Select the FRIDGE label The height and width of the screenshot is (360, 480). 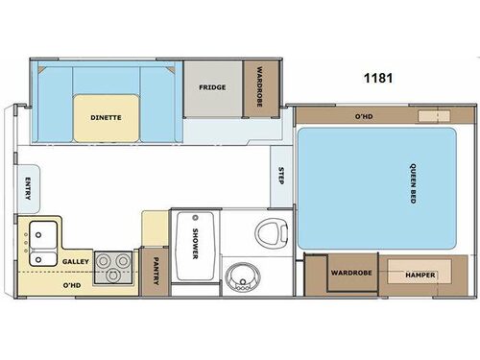click(212, 86)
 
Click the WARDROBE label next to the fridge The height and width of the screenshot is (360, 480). click(257, 86)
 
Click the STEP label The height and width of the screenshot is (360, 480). click(281, 177)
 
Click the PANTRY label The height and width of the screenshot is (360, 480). click(154, 272)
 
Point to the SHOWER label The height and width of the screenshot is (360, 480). click(194, 244)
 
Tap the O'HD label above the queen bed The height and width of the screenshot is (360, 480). click(364, 116)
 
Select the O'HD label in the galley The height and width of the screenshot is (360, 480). click(72, 285)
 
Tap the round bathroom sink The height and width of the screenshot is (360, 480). click(240, 279)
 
